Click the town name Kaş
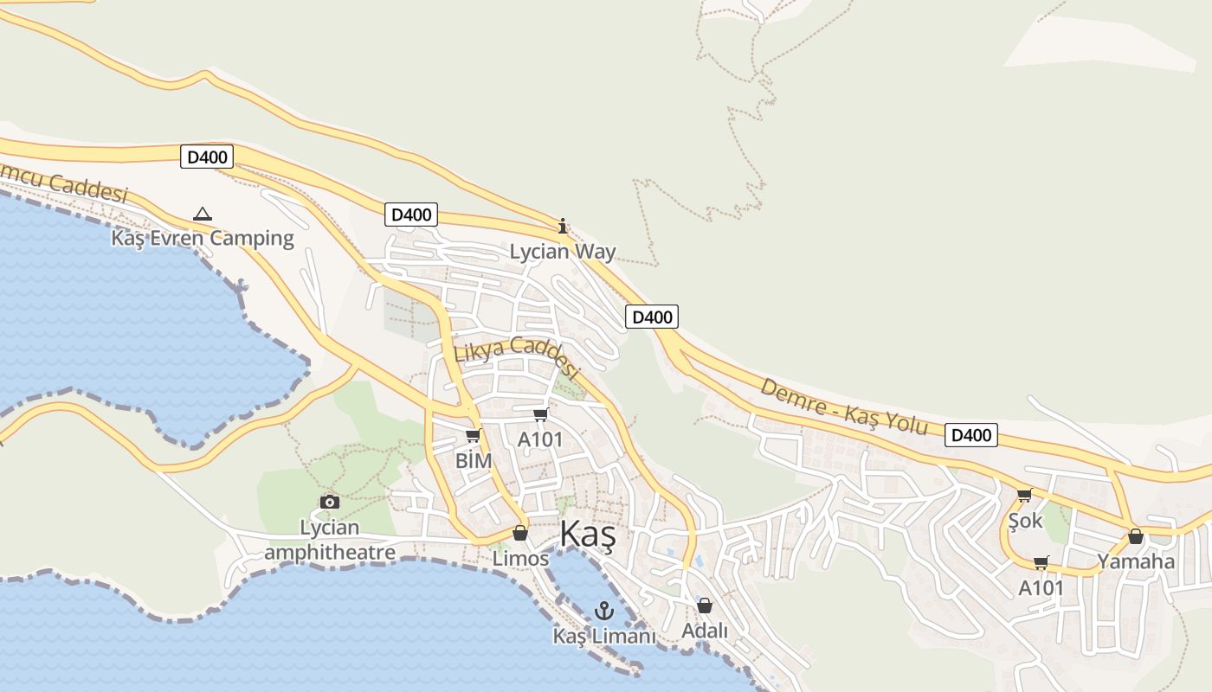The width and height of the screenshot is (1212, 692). coord(588,535)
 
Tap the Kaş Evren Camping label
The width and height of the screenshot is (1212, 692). coord(203,238)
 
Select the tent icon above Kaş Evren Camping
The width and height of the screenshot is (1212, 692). coord(203,214)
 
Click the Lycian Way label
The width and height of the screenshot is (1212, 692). coord(563,252)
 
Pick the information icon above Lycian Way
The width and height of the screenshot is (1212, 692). coord(563,227)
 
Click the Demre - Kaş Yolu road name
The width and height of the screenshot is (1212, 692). coord(843,407)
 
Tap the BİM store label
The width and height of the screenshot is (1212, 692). coord(474,461)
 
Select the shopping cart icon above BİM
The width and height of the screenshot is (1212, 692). coord(473,436)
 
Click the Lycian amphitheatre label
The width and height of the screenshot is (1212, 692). coord(330,540)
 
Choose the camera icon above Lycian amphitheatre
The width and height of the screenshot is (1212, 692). coord(329,503)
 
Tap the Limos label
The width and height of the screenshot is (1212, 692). coord(520,559)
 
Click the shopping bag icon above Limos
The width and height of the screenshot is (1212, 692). coord(520,533)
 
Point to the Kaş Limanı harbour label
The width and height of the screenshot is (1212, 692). coord(604,636)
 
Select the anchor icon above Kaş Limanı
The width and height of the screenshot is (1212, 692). coord(603,611)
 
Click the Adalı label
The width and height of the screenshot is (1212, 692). coord(705,631)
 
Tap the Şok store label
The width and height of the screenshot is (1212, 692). coord(1026,521)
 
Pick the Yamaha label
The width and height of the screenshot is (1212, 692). coord(1136,561)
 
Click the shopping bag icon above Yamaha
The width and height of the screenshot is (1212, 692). coord(1136,537)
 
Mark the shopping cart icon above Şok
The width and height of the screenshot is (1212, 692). coord(1025,496)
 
